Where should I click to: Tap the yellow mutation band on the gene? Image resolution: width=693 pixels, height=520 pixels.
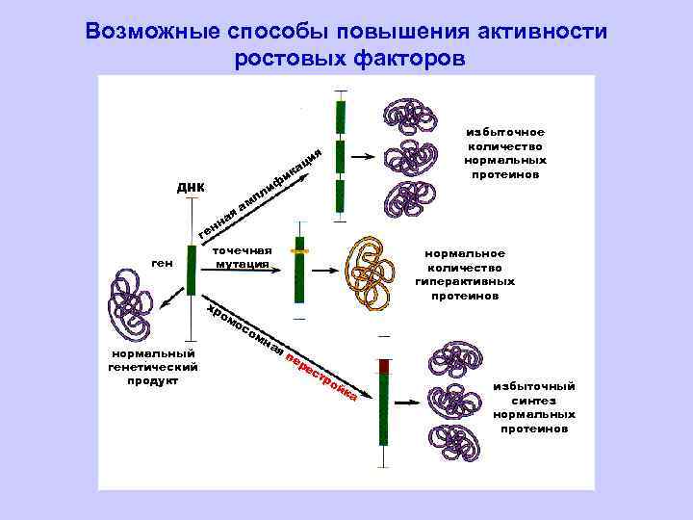299,252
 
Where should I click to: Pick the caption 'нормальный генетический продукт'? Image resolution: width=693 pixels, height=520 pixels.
153,367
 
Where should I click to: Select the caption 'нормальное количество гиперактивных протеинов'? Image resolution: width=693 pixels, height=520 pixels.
465,275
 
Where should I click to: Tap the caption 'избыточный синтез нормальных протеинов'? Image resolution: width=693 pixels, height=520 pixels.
533,407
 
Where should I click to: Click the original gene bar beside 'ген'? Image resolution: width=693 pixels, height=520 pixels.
192,270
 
